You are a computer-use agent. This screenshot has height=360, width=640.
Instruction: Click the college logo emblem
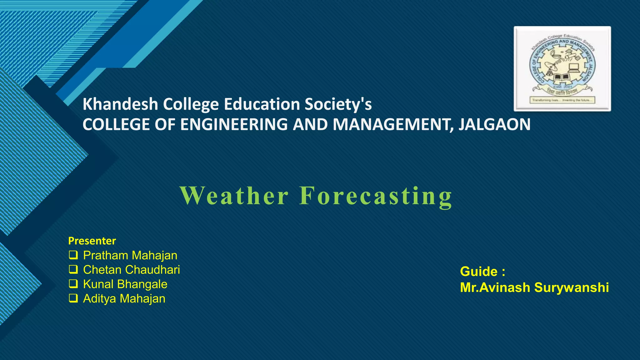tap(562, 68)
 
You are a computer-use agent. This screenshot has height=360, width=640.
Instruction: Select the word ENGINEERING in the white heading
tap(234, 124)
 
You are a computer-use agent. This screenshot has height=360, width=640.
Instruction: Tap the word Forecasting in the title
tap(376, 196)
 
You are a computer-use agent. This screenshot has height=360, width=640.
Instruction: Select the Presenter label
tap(92, 241)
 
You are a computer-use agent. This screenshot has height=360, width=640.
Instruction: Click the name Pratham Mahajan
tap(130, 255)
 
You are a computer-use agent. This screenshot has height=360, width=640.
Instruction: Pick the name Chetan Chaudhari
tap(131, 270)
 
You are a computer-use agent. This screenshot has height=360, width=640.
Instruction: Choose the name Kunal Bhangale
tap(125, 284)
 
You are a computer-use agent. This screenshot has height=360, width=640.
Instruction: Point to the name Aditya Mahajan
tap(124, 298)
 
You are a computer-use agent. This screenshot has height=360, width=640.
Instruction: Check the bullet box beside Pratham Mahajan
tap(73, 255)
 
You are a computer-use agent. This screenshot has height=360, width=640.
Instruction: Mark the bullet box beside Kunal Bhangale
tap(73, 284)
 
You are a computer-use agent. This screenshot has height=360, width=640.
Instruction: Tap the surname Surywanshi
tap(572, 287)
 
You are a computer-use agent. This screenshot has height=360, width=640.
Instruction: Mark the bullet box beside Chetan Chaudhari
tap(73, 269)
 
